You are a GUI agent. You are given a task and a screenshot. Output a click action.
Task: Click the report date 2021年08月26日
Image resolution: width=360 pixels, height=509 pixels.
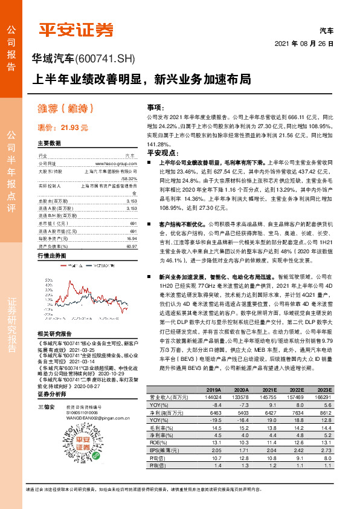tap(304, 44)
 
